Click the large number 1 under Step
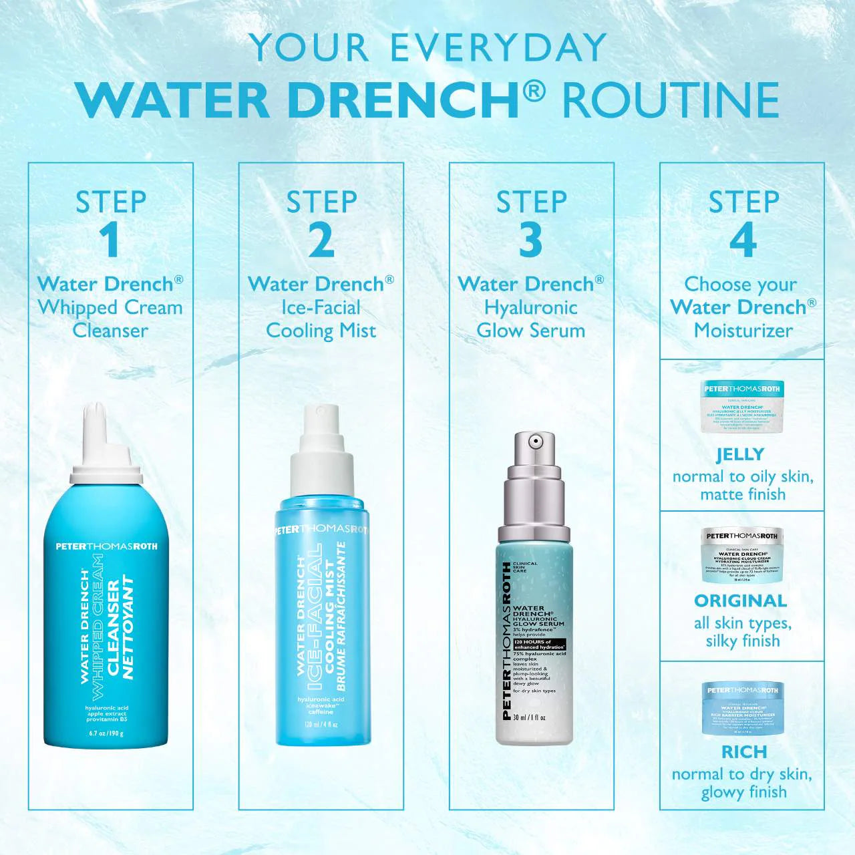coord(110,240)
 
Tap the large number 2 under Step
coord(321,240)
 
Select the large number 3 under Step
coord(531,240)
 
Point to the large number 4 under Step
coord(743,240)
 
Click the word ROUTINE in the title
coord(671,100)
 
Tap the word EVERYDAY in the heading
coord(498,48)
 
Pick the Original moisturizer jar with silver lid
coord(742,554)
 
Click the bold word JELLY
coord(740,455)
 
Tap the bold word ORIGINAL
coord(740,601)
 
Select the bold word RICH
coord(743,751)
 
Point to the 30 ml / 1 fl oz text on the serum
coord(530,717)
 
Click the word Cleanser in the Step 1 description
coord(110,331)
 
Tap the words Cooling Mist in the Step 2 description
coord(321,331)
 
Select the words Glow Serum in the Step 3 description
coord(531,331)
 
